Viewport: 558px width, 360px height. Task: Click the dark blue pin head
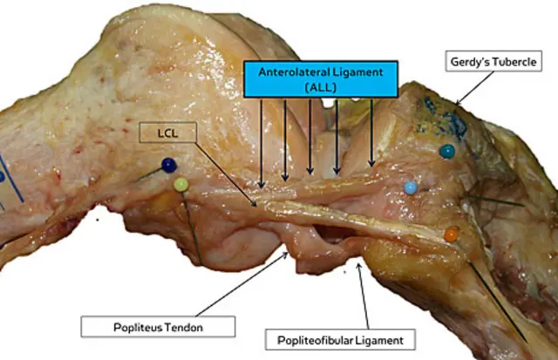click(x=167, y=164)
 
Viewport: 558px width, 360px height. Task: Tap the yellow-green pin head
click(x=180, y=184)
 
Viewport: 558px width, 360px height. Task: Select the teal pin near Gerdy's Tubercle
click(x=446, y=151)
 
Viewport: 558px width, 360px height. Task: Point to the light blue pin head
click(x=411, y=187)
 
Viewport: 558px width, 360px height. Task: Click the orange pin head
click(x=451, y=234)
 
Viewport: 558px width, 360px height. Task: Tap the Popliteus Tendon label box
click(x=159, y=325)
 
